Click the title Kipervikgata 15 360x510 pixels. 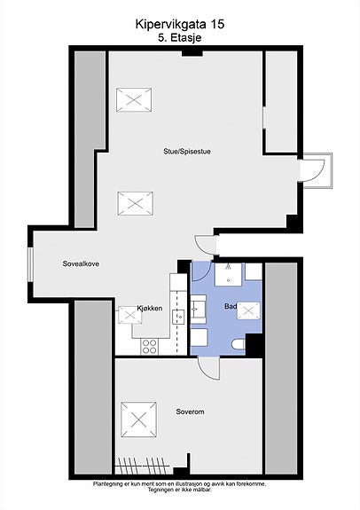coord(180,24)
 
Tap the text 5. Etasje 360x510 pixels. coord(180,37)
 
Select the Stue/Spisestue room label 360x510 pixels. coord(187,152)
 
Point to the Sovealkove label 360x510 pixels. coord(81,263)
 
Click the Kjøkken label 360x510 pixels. coord(150,308)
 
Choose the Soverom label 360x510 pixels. coord(191,412)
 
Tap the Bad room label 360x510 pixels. coord(231,306)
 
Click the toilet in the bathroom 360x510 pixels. coord(239,345)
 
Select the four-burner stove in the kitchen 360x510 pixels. coord(150,347)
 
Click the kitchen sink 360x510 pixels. coord(178,316)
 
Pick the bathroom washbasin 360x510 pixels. coord(198,307)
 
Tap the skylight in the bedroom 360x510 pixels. coord(139,420)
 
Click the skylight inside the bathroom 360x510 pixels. coord(248,311)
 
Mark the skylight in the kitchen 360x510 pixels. coord(129,315)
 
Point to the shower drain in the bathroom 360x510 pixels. coord(228,280)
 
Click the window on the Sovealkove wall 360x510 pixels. coord(30,265)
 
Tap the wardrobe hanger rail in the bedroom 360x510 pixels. coord(143,466)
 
